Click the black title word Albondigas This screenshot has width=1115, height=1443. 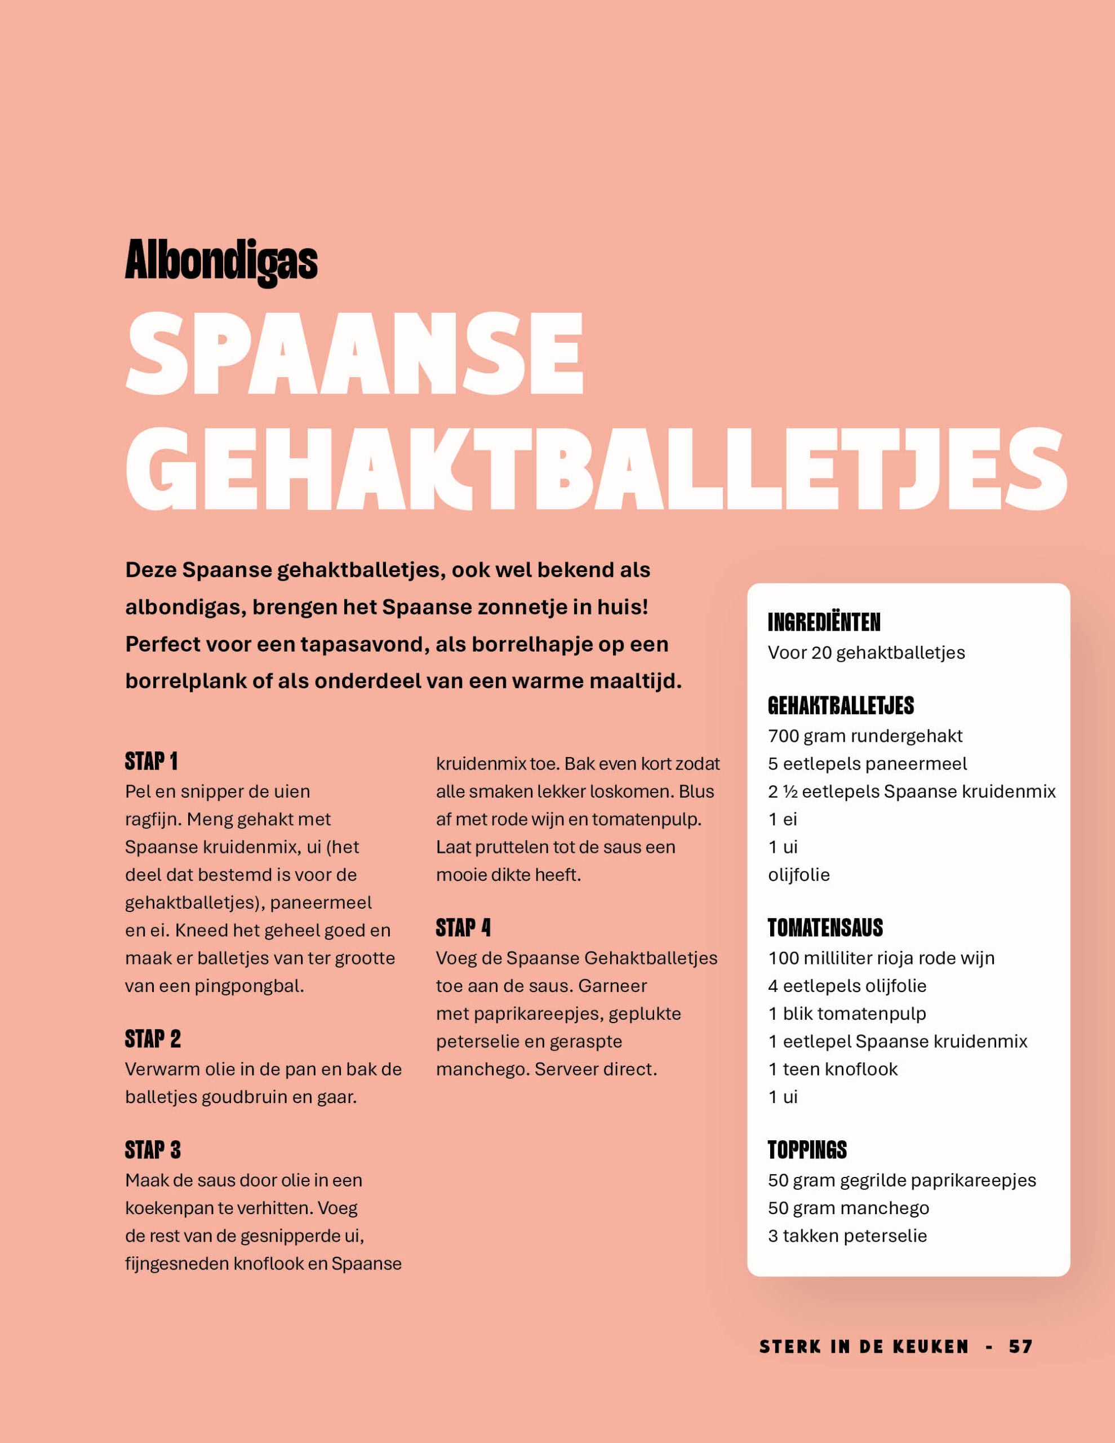pyautogui.click(x=221, y=261)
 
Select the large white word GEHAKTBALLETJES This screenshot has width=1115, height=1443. pyautogui.click(x=596, y=468)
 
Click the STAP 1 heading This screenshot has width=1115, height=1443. pyautogui.click(x=151, y=762)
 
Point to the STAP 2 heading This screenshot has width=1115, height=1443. pyautogui.click(x=153, y=1039)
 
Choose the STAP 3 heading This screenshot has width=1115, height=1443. pyautogui.click(x=153, y=1150)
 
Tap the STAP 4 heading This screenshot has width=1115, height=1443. pyautogui.click(x=463, y=928)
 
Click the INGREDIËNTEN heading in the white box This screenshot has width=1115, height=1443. pyautogui.click(x=824, y=622)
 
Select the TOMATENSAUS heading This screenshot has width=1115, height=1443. pyautogui.click(x=825, y=928)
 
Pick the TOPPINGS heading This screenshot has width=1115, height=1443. pyautogui.click(x=806, y=1150)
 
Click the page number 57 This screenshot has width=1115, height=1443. pyautogui.click(x=1020, y=1347)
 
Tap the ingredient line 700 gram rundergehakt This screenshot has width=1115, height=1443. pyautogui.click(x=865, y=736)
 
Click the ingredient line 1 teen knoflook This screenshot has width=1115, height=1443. pyautogui.click(x=832, y=1069)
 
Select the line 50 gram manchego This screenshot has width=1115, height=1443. pyautogui.click(x=848, y=1208)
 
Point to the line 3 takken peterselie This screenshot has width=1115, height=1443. pyautogui.click(x=847, y=1236)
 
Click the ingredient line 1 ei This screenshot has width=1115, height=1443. pyautogui.click(x=782, y=819)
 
